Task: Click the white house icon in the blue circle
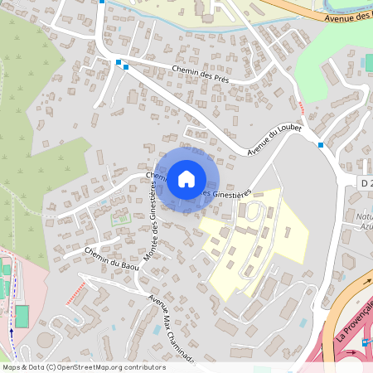point(186,178)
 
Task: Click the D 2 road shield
point(366,182)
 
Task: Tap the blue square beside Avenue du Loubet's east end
point(320,145)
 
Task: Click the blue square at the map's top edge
point(101,2)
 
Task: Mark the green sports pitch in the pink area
point(22,316)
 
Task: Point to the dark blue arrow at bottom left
point(12,332)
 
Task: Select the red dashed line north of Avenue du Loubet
point(301,106)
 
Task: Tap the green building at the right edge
point(368,63)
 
